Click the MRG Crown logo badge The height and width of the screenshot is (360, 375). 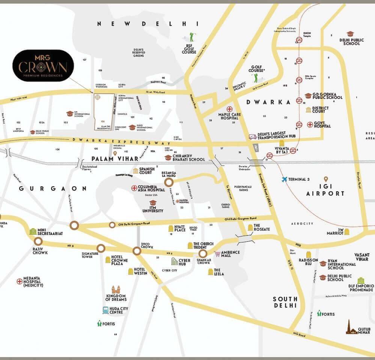43,66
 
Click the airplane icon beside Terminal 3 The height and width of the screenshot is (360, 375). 285,179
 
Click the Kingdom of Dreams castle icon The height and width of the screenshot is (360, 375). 116,289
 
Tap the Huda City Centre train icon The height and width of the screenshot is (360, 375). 106,310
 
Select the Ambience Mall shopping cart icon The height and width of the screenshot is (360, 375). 217,254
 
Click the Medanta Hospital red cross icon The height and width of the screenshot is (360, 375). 20,281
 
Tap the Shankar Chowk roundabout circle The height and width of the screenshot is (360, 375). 203,253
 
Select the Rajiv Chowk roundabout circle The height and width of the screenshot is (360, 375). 38,241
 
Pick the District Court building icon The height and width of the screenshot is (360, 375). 308,109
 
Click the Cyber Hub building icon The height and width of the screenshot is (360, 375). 175,261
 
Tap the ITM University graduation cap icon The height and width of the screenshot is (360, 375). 153,202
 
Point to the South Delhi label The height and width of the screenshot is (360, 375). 285,302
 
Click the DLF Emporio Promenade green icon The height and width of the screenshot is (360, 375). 361,280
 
